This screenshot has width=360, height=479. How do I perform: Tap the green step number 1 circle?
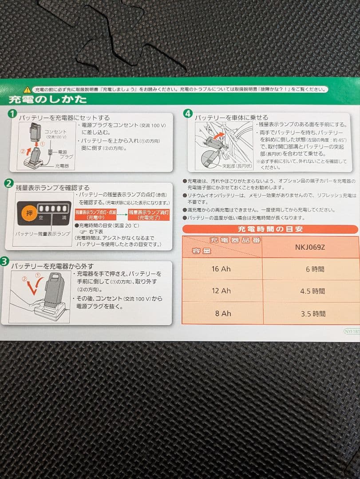click(12, 114)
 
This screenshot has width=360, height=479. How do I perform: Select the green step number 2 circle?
click(8, 183)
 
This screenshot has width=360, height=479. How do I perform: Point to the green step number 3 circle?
click(5, 262)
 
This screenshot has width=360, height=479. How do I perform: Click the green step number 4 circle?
click(188, 114)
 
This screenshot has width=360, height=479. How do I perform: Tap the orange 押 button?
click(29, 213)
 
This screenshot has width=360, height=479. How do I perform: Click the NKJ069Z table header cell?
click(310, 247)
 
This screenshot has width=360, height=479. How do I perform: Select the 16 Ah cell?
click(221, 269)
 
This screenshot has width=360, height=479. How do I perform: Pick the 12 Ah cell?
click(221, 291)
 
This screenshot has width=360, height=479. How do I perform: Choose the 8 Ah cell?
click(223, 314)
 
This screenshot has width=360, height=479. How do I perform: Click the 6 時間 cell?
click(315, 269)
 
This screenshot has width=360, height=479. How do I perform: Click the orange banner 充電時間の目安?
click(269, 229)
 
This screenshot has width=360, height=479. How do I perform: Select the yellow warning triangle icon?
click(28, 89)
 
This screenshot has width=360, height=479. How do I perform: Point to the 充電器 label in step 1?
click(62, 165)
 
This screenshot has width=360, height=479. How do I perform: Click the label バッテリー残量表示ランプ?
click(43, 233)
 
